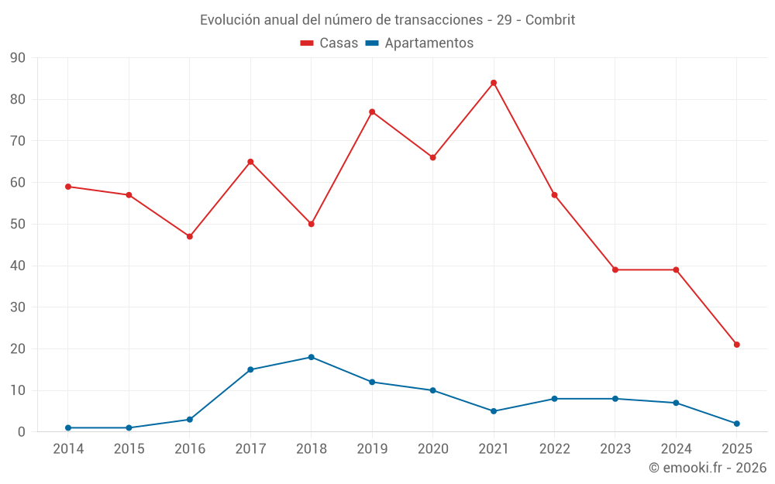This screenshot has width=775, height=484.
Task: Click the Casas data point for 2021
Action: (x=494, y=83)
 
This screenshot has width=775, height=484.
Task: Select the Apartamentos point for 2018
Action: (x=312, y=357)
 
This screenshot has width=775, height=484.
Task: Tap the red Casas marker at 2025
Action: (x=737, y=345)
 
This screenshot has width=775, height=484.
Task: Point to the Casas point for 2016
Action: (x=190, y=236)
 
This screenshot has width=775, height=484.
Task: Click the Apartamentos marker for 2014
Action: (x=68, y=427)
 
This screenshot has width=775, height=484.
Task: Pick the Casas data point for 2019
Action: (x=372, y=112)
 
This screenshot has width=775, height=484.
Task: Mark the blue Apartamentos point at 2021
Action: (x=494, y=411)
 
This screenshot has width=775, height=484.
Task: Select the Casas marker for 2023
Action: (x=615, y=269)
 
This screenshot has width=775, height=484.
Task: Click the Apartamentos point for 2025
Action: (x=737, y=424)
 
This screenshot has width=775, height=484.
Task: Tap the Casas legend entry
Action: (x=329, y=43)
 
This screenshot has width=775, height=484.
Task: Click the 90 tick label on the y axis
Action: (x=18, y=58)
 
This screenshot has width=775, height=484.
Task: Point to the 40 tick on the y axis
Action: (x=18, y=266)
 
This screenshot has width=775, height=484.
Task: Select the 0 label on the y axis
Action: (x=22, y=432)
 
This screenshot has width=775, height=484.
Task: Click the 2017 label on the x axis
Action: (x=250, y=449)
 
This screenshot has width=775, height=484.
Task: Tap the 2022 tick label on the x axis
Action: (x=554, y=449)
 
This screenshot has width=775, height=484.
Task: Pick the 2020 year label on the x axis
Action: (x=432, y=449)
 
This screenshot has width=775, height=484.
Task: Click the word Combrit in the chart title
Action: (x=550, y=20)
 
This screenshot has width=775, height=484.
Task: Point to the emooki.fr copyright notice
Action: (x=708, y=468)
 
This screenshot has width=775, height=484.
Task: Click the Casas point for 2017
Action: (x=250, y=162)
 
